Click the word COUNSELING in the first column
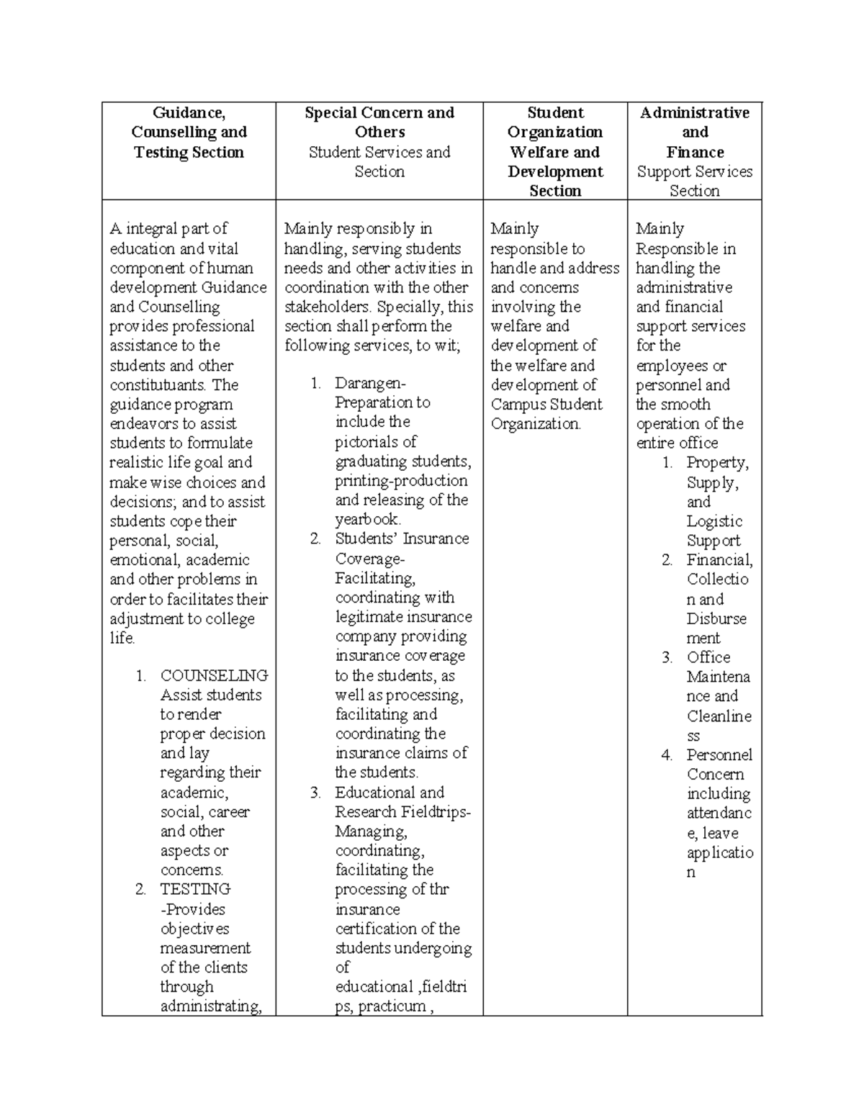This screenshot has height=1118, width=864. (214, 675)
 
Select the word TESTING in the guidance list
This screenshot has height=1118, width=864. (195, 889)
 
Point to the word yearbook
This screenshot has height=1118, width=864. (367, 519)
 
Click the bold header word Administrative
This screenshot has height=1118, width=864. (695, 113)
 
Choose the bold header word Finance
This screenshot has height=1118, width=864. (695, 152)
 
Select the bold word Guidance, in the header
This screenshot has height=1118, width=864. (189, 113)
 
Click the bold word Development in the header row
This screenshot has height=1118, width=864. (555, 171)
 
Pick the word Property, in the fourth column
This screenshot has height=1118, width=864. (717, 462)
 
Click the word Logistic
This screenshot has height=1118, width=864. (714, 521)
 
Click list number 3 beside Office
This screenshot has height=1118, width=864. (667, 657)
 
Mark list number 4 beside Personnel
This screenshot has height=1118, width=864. (667, 755)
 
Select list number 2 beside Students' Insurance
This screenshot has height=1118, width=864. (315, 539)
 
